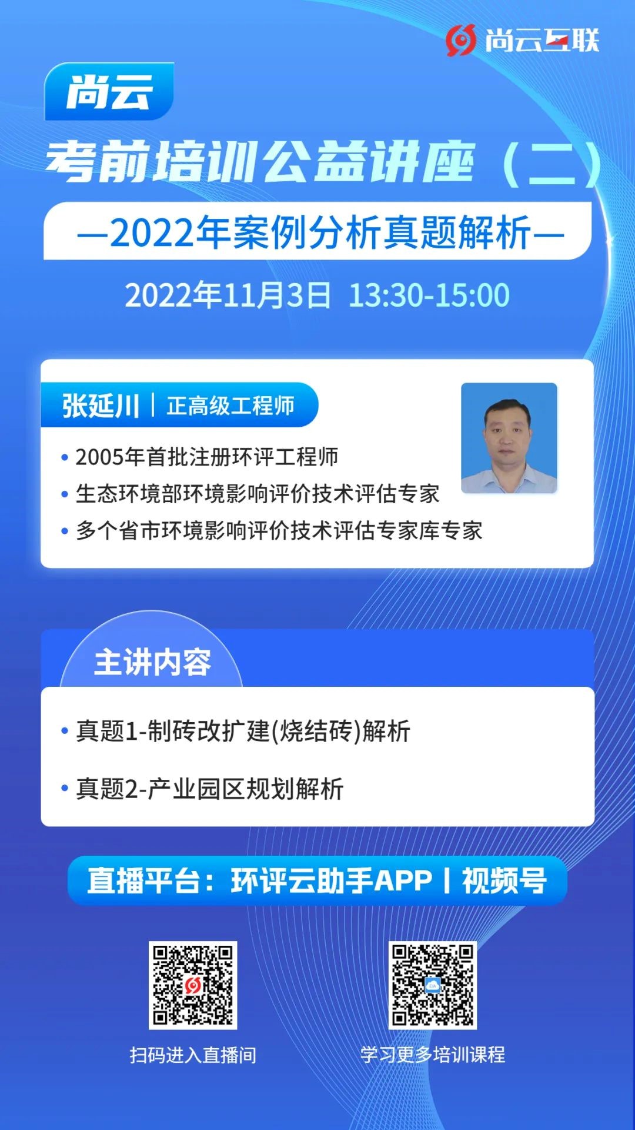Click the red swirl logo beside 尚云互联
[x=460, y=41]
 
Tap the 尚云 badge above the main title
[x=109, y=91]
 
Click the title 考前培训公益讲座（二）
[x=324, y=162]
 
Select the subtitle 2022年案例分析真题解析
[x=320, y=232]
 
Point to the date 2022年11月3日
[x=228, y=295]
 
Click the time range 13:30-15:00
[x=429, y=295]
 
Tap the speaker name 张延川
[x=101, y=406]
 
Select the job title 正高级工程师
[x=230, y=406]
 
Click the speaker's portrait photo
[x=509, y=438]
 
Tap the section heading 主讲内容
[x=152, y=662]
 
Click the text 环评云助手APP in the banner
[x=332, y=881]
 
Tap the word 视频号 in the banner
[x=504, y=881]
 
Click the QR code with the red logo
[x=193, y=985]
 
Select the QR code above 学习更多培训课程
[x=433, y=985]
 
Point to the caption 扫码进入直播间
[x=193, y=1055]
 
